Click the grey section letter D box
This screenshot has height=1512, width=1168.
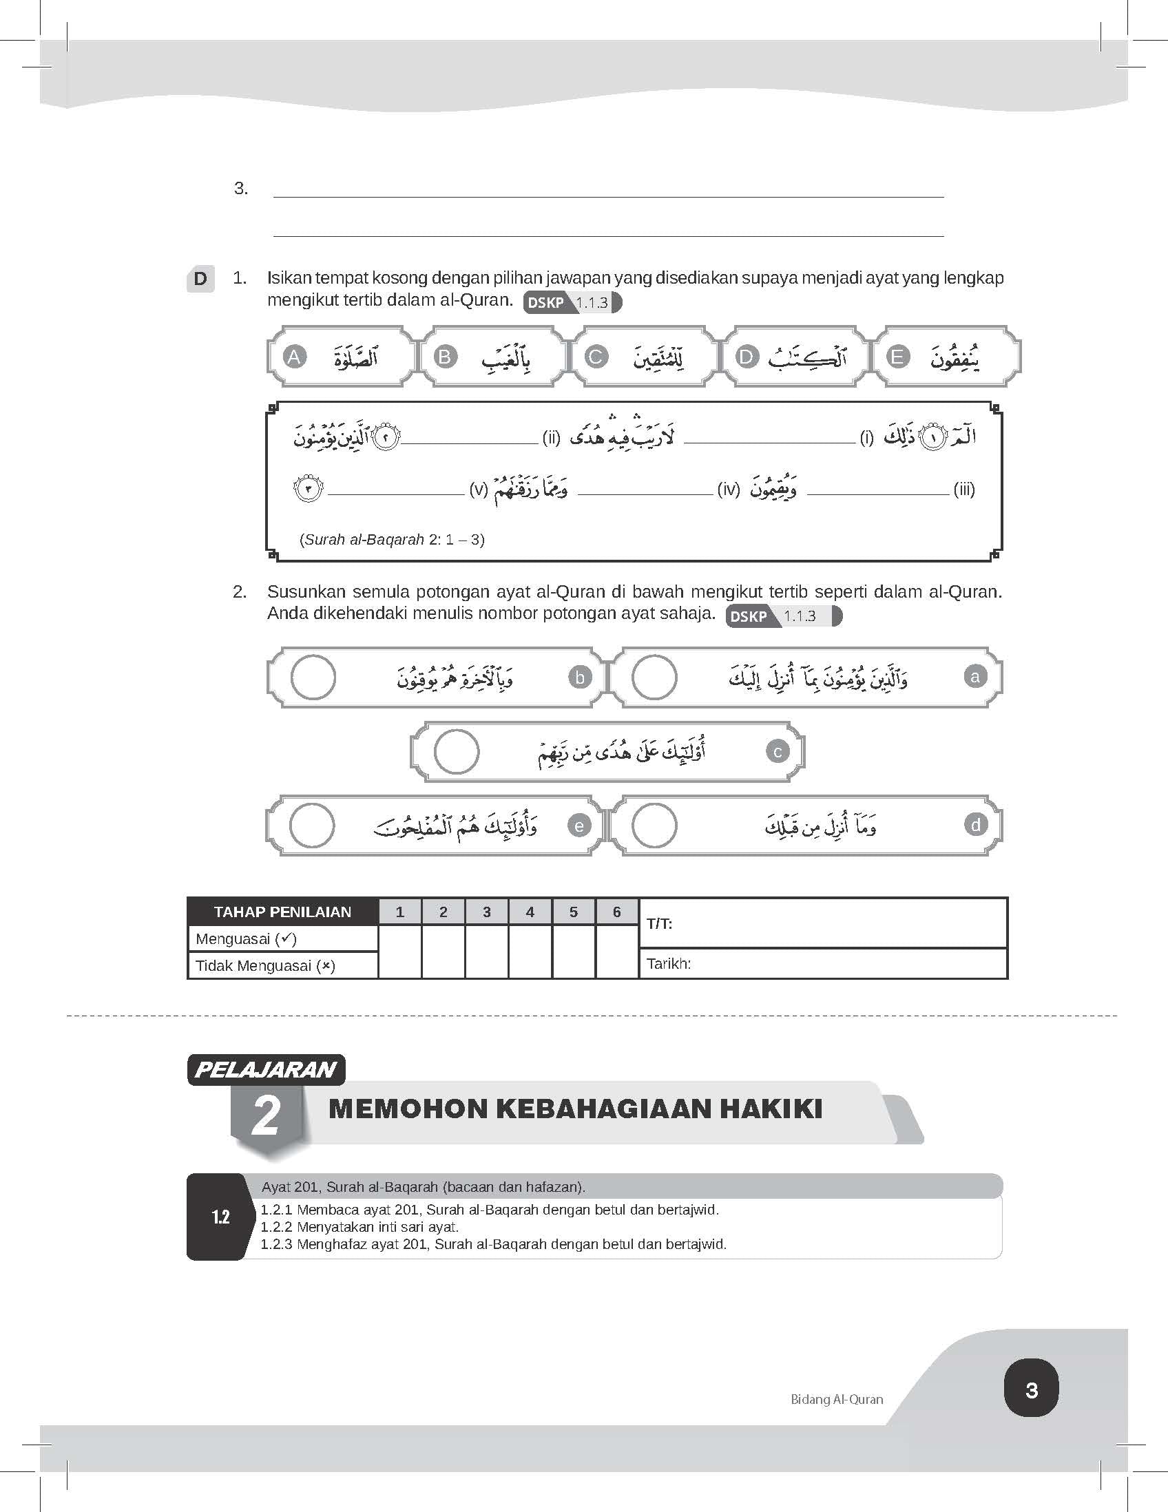pyautogui.click(x=200, y=279)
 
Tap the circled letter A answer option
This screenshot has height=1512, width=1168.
pyautogui.click(x=294, y=357)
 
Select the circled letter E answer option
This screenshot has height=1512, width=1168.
pyautogui.click(x=898, y=357)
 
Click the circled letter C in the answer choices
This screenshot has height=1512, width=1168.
pyautogui.click(x=596, y=357)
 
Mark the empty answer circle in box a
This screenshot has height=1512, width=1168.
pyautogui.click(x=654, y=677)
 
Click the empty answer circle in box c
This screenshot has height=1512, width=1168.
pyautogui.click(x=457, y=751)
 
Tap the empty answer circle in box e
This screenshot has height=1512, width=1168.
pyautogui.click(x=311, y=826)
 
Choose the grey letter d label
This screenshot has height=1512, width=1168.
pyautogui.click(x=975, y=825)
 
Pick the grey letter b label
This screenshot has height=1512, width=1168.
pyautogui.click(x=580, y=677)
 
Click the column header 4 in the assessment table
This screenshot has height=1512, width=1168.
pyautogui.click(x=530, y=912)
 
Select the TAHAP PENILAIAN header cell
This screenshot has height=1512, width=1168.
pyautogui.click(x=282, y=912)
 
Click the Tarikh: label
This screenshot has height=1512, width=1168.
pyautogui.click(x=669, y=963)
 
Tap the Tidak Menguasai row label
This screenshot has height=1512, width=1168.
pyautogui.click(x=265, y=966)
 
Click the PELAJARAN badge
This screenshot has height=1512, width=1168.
pyautogui.click(x=266, y=1069)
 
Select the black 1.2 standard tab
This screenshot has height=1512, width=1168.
pyautogui.click(x=220, y=1217)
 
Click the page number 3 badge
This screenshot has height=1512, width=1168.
pyautogui.click(x=1031, y=1389)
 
